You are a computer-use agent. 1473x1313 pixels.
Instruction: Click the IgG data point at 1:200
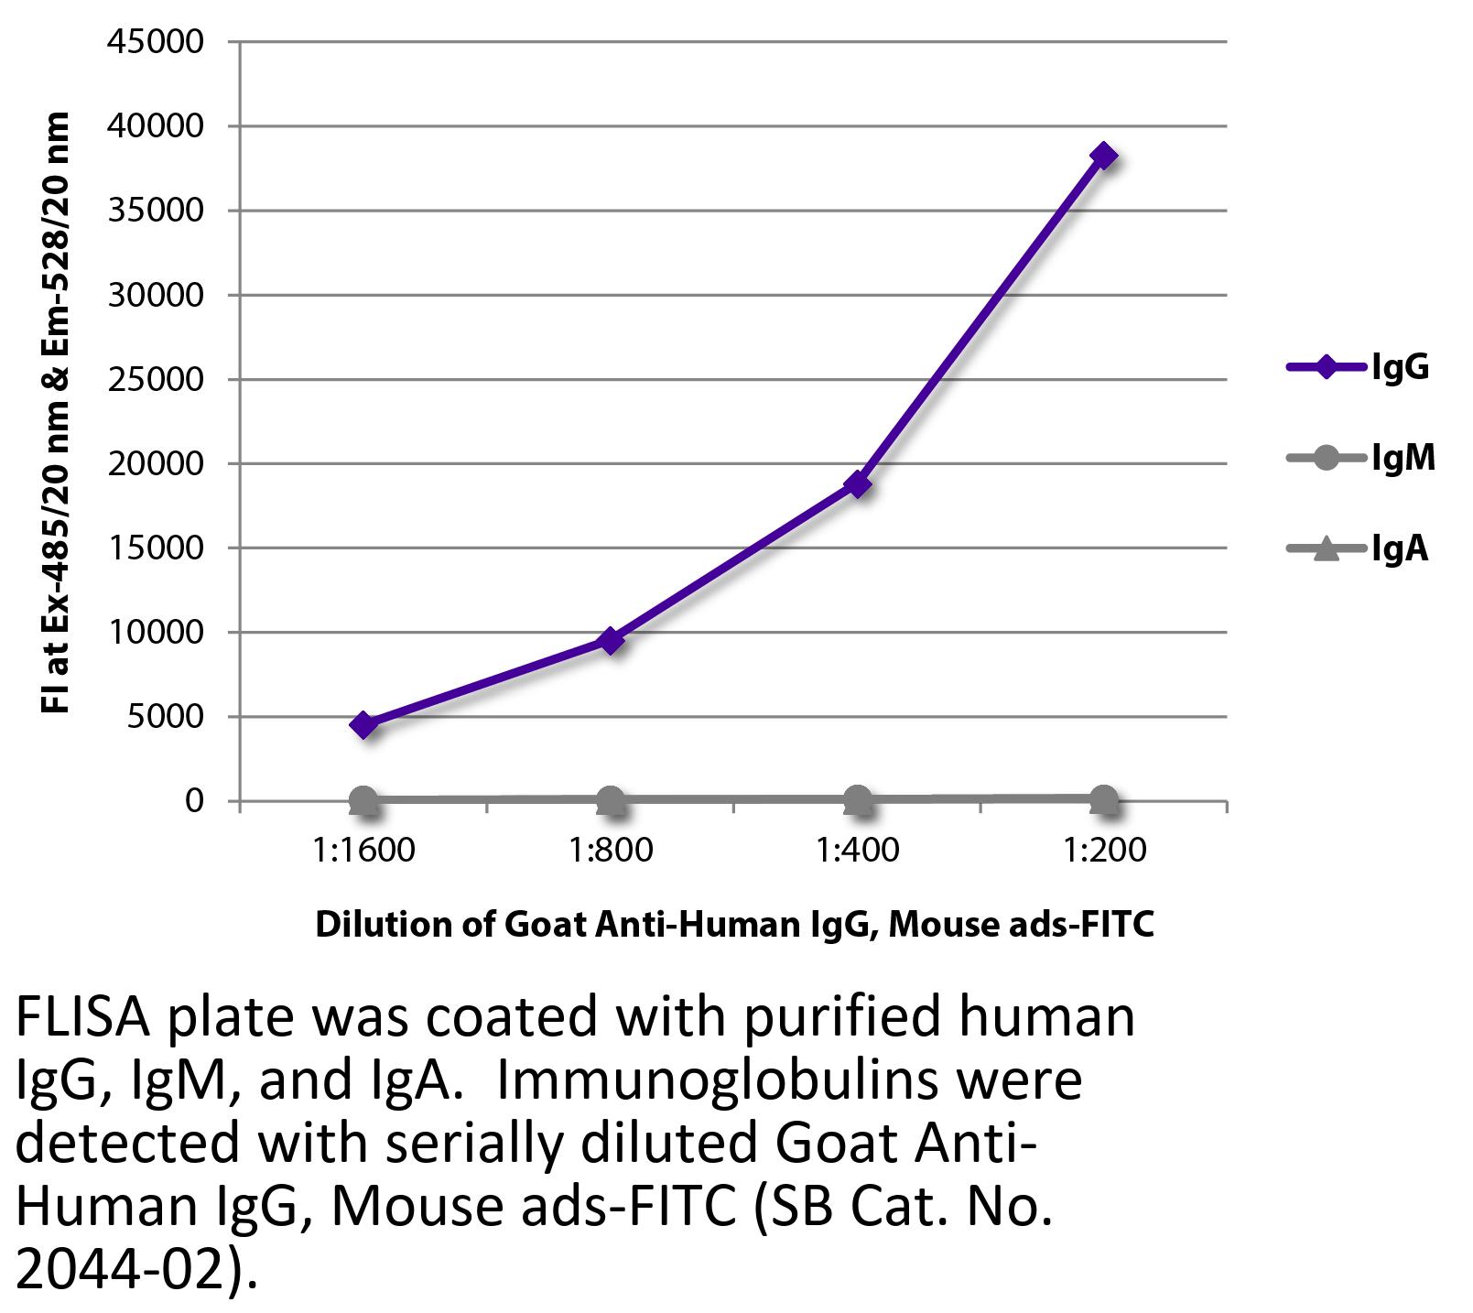(1103, 156)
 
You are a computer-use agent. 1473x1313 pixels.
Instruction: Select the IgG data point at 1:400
(857, 483)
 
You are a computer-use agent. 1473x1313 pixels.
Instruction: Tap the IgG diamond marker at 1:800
(611, 640)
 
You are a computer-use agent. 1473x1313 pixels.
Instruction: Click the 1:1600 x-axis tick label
(363, 851)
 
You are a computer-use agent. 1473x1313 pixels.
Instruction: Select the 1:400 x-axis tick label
(857, 851)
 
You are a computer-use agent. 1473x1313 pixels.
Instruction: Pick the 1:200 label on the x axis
(1104, 851)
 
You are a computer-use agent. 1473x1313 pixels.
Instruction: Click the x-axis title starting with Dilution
(734, 925)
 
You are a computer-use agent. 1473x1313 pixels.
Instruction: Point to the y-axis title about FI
(57, 412)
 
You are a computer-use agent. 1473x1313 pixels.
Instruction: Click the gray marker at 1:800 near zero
(611, 800)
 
